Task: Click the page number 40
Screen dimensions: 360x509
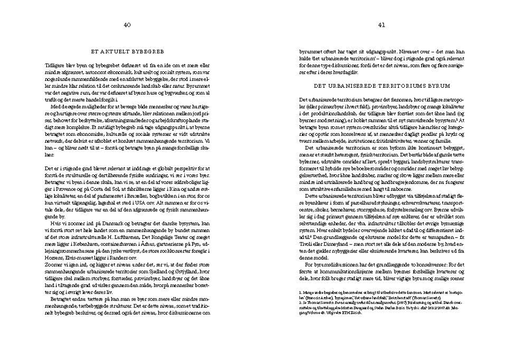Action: coord(127,25)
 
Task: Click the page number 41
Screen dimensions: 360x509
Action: coord(382,25)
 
